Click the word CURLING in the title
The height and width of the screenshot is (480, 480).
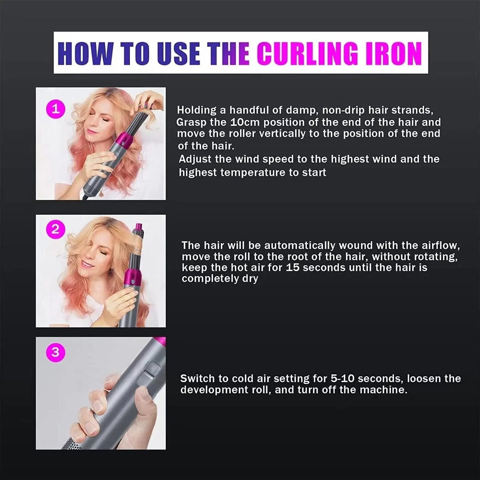(x=308, y=53)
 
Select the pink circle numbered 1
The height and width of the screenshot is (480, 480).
(x=55, y=109)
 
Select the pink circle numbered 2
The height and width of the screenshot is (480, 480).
(x=55, y=230)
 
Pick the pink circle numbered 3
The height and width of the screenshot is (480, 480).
(x=55, y=352)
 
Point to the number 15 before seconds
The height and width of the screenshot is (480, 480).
(x=293, y=268)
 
